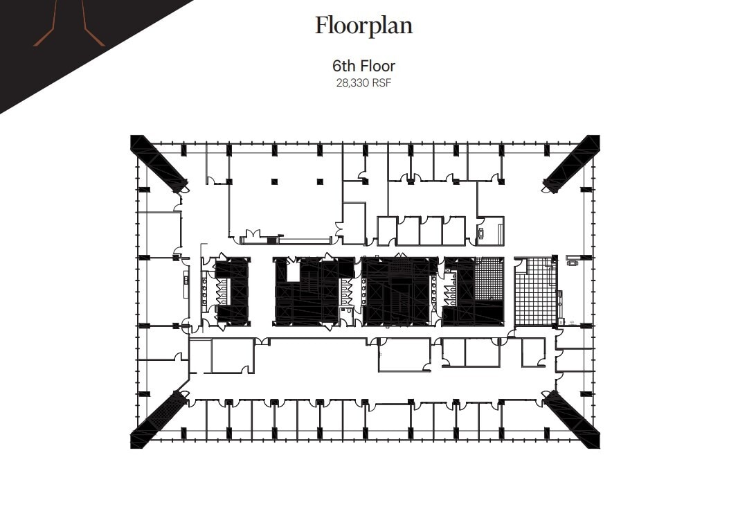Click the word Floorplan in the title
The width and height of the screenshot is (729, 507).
coord(363,26)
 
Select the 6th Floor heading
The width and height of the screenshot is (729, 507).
coord(363,66)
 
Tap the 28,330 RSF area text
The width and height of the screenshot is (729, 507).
coord(363,82)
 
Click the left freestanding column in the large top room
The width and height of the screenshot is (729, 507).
coord(275,181)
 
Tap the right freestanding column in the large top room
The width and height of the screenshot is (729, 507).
coord(320,181)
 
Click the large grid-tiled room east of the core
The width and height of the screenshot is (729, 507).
coord(535,291)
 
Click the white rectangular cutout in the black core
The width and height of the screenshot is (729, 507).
coord(293,271)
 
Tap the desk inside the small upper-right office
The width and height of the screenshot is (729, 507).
coord(480,233)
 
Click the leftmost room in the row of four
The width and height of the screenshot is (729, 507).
coord(387,231)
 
